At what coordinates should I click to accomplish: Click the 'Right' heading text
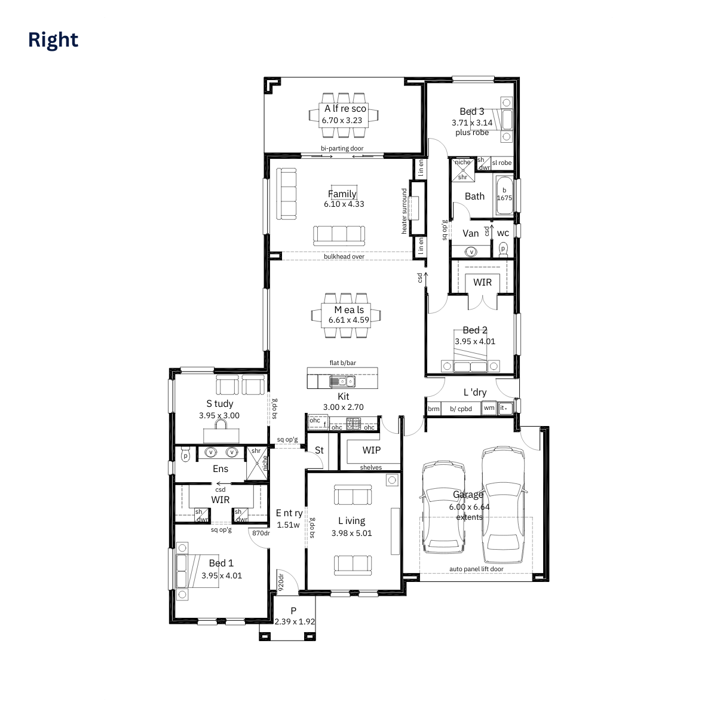[53, 40]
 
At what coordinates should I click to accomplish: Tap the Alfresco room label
[345, 109]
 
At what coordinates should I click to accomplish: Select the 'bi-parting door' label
[342, 148]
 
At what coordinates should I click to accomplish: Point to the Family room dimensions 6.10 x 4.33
[344, 204]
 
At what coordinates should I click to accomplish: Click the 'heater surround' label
[404, 212]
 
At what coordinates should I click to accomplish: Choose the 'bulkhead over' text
[344, 256]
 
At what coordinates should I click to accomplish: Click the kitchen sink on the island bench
[342, 381]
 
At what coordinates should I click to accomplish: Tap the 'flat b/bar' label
[343, 363]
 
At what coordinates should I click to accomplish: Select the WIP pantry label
[371, 451]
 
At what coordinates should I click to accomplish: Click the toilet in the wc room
[503, 250]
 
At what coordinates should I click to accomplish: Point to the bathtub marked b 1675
[504, 195]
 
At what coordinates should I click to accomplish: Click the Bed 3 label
[472, 111]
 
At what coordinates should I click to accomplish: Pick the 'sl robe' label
[501, 163]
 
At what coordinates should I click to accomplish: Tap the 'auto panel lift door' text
[476, 569]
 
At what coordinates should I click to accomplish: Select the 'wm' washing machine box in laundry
[489, 408]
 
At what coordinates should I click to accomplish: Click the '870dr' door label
[261, 533]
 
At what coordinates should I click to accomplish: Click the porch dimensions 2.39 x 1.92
[295, 621]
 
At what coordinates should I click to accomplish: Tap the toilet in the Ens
[185, 455]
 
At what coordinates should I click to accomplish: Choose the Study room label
[219, 404]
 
